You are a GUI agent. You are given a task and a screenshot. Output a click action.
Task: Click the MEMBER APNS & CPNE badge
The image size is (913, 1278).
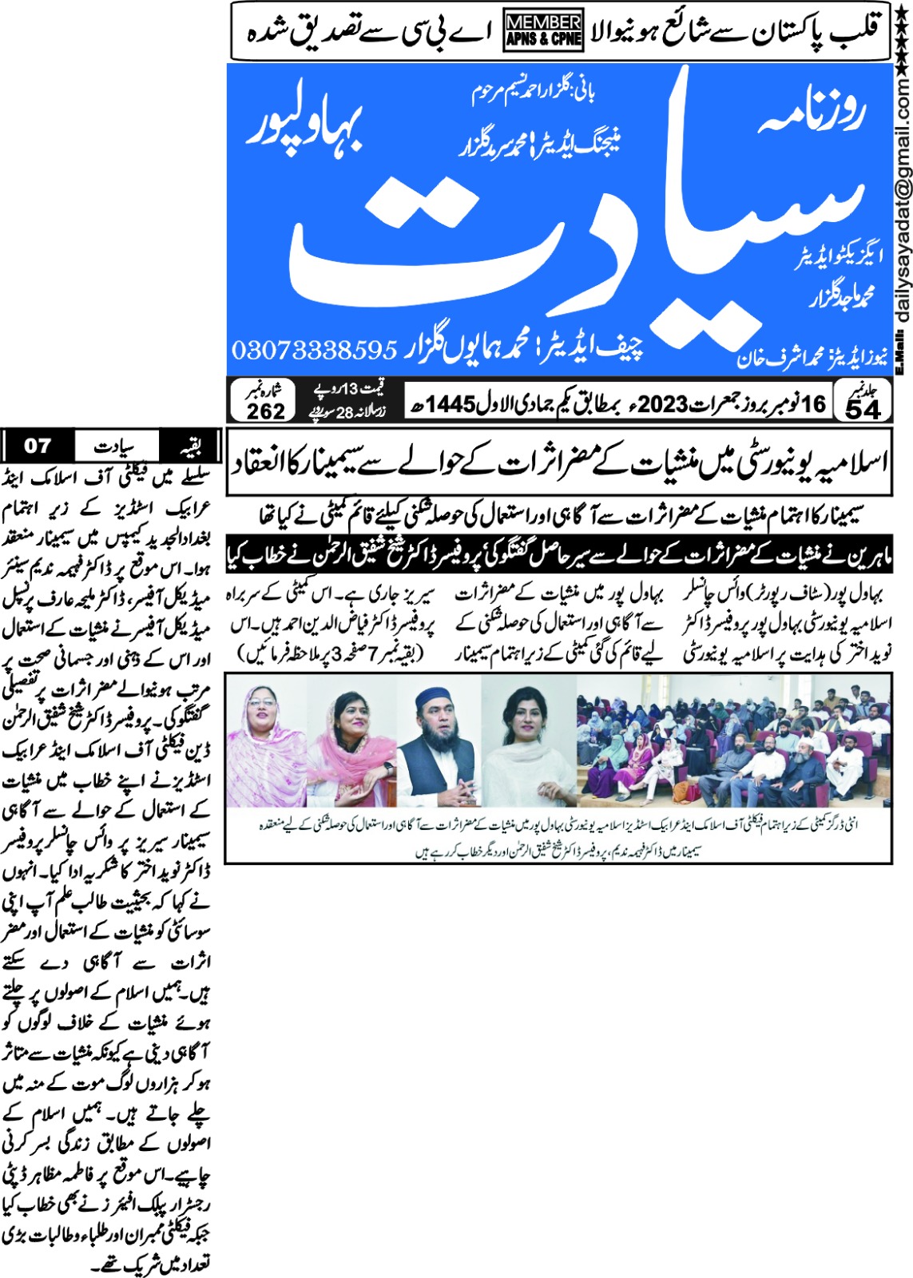tap(543, 30)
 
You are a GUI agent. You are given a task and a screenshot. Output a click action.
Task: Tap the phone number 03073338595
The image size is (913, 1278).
tap(314, 349)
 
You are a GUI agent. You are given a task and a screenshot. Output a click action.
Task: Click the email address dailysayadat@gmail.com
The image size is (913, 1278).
tap(903, 200)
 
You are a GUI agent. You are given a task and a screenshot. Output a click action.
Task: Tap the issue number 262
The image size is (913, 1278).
tap(266, 411)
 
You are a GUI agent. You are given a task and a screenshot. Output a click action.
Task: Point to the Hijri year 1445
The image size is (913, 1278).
tap(451, 404)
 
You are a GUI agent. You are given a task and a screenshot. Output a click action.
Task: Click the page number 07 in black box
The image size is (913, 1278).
tap(38, 445)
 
